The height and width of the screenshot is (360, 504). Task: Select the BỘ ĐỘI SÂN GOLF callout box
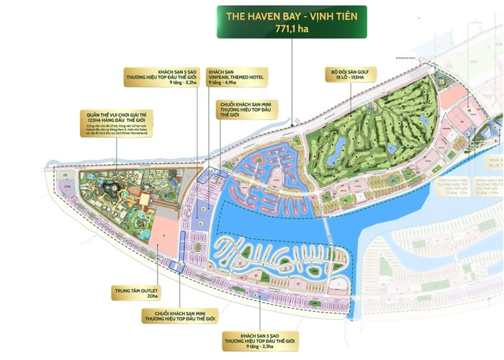(358, 76)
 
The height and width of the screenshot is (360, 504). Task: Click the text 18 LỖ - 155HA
(358, 81)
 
